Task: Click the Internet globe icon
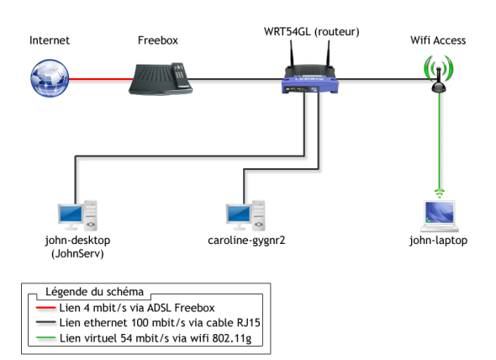click(x=50, y=78)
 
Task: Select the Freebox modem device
click(x=161, y=79)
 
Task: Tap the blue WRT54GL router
click(x=310, y=79)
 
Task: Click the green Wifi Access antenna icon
click(x=439, y=74)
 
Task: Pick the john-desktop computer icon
click(x=77, y=215)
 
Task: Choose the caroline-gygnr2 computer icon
click(x=245, y=215)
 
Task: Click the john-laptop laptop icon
click(x=440, y=216)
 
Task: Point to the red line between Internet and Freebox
click(x=101, y=79)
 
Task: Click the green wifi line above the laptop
click(x=439, y=140)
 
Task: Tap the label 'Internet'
click(x=50, y=40)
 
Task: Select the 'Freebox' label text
click(x=158, y=40)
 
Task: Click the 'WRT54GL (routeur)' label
click(x=312, y=32)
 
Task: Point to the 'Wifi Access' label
click(x=438, y=40)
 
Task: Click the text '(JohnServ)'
click(x=77, y=254)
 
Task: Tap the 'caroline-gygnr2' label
click(x=246, y=241)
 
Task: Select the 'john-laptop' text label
click(x=438, y=241)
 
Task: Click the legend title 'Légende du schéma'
click(x=94, y=292)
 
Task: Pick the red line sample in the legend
click(x=46, y=308)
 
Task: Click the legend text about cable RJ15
click(x=160, y=323)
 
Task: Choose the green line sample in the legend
click(x=46, y=338)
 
